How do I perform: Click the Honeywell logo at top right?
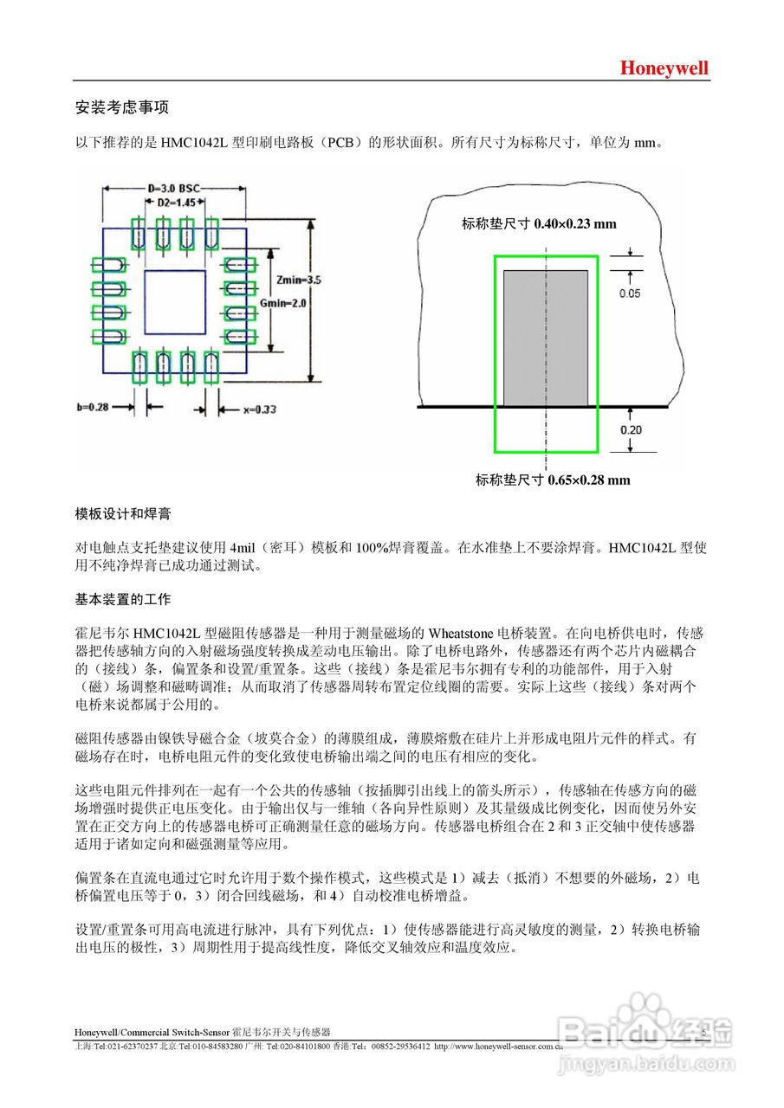(664, 68)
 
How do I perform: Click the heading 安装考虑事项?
(122, 107)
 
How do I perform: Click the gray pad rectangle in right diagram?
(546, 338)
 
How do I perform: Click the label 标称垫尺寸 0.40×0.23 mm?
(539, 224)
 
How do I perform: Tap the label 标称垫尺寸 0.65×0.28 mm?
(552, 480)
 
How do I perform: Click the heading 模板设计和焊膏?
(122, 514)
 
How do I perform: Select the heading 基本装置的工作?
(122, 599)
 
